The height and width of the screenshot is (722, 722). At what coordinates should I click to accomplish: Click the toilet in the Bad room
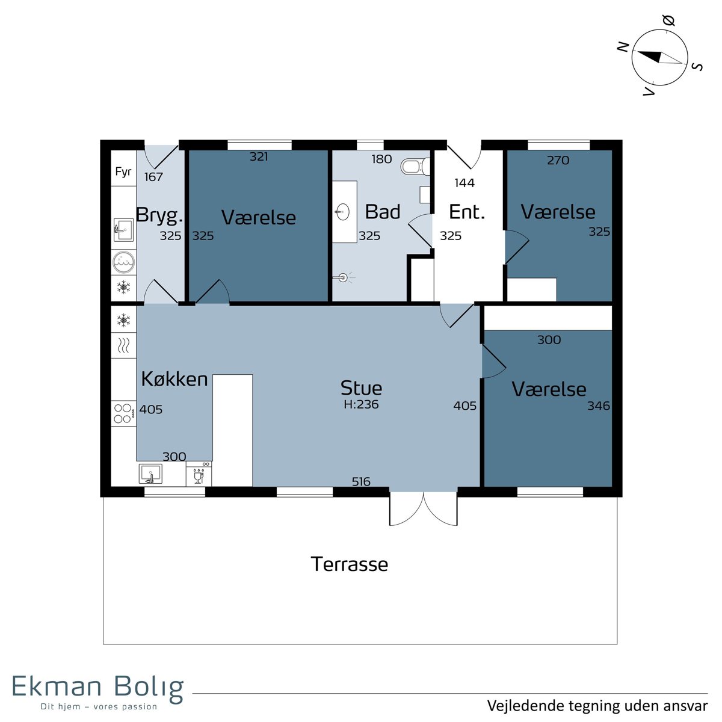415,166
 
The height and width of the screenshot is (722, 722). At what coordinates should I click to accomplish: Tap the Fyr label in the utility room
123,172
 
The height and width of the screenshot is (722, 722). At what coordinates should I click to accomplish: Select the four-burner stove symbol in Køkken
124,413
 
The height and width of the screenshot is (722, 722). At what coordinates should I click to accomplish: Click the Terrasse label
349,564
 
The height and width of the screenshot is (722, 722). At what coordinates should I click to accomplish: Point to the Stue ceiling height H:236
361,404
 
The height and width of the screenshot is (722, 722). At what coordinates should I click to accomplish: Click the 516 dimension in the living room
361,481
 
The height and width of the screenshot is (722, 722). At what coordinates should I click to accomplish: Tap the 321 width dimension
259,156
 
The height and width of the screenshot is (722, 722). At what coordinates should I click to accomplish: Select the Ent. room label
467,212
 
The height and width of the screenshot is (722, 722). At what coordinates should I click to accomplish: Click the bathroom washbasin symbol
343,212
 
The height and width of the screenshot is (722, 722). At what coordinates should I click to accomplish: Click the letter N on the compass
623,47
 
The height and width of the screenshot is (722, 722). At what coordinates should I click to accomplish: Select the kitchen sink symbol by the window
150,474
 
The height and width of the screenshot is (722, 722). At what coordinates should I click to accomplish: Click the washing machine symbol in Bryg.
124,262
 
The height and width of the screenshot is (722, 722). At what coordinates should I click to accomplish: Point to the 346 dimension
599,406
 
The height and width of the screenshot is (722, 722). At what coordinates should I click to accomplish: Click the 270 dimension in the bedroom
558,161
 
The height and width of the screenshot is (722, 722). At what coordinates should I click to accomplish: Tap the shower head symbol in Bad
342,277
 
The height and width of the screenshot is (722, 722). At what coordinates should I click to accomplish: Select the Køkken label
174,379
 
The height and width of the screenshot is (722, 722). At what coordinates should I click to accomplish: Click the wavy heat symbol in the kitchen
123,345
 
